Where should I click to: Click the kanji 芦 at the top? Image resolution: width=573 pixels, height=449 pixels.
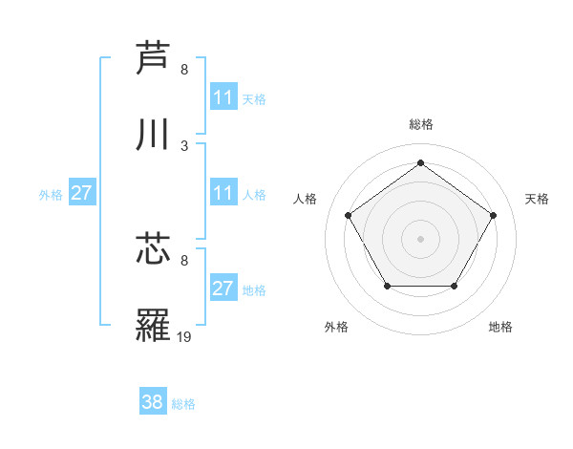coord(153,57)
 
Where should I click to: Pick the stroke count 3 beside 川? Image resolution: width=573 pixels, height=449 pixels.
coord(184,145)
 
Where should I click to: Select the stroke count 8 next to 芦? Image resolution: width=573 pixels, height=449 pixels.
coord(184,69)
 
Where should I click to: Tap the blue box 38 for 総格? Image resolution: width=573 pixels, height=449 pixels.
coord(153,402)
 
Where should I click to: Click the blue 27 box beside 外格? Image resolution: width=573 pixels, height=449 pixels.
coord(82,193)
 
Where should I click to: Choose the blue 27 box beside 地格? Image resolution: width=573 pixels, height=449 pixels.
coord(223,289)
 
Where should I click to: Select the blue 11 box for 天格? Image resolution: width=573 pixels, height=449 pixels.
coord(223,97)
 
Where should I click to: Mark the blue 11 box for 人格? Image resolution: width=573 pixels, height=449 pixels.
coord(223,193)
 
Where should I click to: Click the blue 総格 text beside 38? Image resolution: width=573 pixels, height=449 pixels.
coord(183,403)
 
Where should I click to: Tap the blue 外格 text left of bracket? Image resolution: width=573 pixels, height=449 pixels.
coord(51,194)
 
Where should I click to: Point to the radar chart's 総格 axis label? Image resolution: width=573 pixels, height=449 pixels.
coord(420,124)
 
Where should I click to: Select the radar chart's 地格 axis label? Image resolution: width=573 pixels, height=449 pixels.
coord(500,327)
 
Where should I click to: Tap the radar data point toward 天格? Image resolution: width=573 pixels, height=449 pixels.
coord(493,215)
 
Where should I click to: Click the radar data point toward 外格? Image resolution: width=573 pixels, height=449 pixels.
coord(386,286)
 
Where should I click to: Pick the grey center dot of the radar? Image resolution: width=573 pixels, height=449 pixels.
coord(420,238)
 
